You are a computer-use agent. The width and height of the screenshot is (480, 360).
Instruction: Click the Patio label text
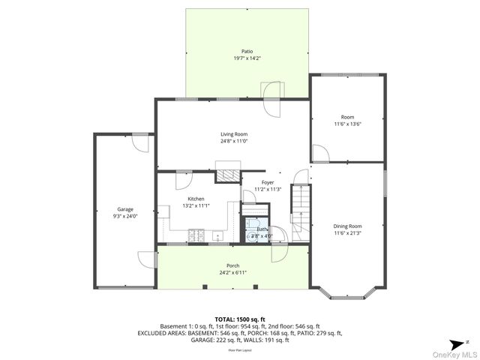tap(247, 51)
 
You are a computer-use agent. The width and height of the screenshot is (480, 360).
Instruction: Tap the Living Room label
tap(234, 134)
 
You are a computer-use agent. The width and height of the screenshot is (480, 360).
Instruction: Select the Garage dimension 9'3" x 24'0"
tap(125, 216)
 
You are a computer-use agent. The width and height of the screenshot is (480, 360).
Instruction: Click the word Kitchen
tap(196, 199)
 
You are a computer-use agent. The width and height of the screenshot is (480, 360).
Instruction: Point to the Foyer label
tap(268, 182)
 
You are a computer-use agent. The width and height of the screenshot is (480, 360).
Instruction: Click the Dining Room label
tap(347, 226)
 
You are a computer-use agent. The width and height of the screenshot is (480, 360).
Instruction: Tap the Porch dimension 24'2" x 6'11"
tap(232, 273)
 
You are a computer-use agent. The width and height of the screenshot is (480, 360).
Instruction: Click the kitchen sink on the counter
tap(218, 236)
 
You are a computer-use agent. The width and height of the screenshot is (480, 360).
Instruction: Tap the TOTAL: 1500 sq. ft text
tap(240, 319)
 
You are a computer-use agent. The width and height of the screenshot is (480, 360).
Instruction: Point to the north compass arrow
tap(466, 278)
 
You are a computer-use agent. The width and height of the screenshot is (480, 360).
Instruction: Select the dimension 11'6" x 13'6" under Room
tap(347, 124)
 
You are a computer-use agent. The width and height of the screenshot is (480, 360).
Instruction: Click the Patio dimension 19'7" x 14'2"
tap(247, 58)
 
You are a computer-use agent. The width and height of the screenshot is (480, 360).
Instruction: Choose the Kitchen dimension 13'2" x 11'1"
tap(196, 205)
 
